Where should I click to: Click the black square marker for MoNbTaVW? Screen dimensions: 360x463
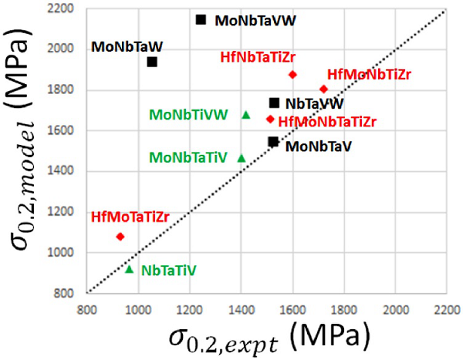point(201,19)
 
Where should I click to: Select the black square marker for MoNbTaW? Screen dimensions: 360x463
point(152,62)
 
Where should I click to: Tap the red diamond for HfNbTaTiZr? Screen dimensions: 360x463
point(292,75)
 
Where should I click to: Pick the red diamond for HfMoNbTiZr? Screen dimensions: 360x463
point(323,89)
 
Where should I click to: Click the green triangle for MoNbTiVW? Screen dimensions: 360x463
point(246,115)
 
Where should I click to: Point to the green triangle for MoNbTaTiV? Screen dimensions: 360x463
point(241,158)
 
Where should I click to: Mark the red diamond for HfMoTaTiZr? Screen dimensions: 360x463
point(120,237)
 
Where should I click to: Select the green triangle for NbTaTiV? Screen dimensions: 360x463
point(130,269)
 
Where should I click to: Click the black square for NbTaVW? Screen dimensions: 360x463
point(274,103)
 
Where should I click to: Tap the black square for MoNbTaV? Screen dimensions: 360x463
point(272,141)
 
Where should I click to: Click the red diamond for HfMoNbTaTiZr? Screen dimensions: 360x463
point(270,119)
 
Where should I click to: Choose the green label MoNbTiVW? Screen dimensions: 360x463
point(189,115)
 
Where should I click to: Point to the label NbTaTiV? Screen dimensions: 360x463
point(169,271)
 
